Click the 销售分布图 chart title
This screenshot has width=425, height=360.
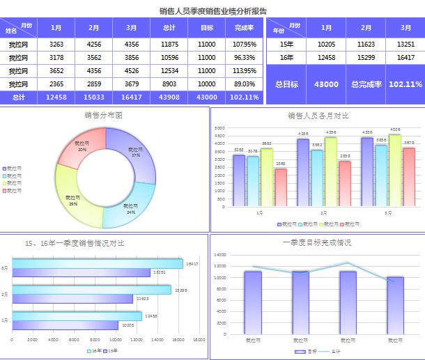pos(103,116)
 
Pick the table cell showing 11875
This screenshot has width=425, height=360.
pos(169,44)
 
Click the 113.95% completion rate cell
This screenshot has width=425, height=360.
pos(245,70)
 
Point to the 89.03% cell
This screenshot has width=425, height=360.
pos(245,84)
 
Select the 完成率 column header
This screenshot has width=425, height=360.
pos(245,28)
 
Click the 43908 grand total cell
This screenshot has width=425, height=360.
pos(169,97)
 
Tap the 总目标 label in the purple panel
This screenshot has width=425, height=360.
pos(286,84)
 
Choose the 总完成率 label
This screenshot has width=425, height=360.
pos(366,84)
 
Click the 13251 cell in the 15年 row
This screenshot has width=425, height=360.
pos(405,44)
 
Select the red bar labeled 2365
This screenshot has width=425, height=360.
pos(280,188)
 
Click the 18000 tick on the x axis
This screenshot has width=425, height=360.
pos(199,340)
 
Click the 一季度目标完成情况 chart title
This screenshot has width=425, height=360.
pos(317,243)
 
